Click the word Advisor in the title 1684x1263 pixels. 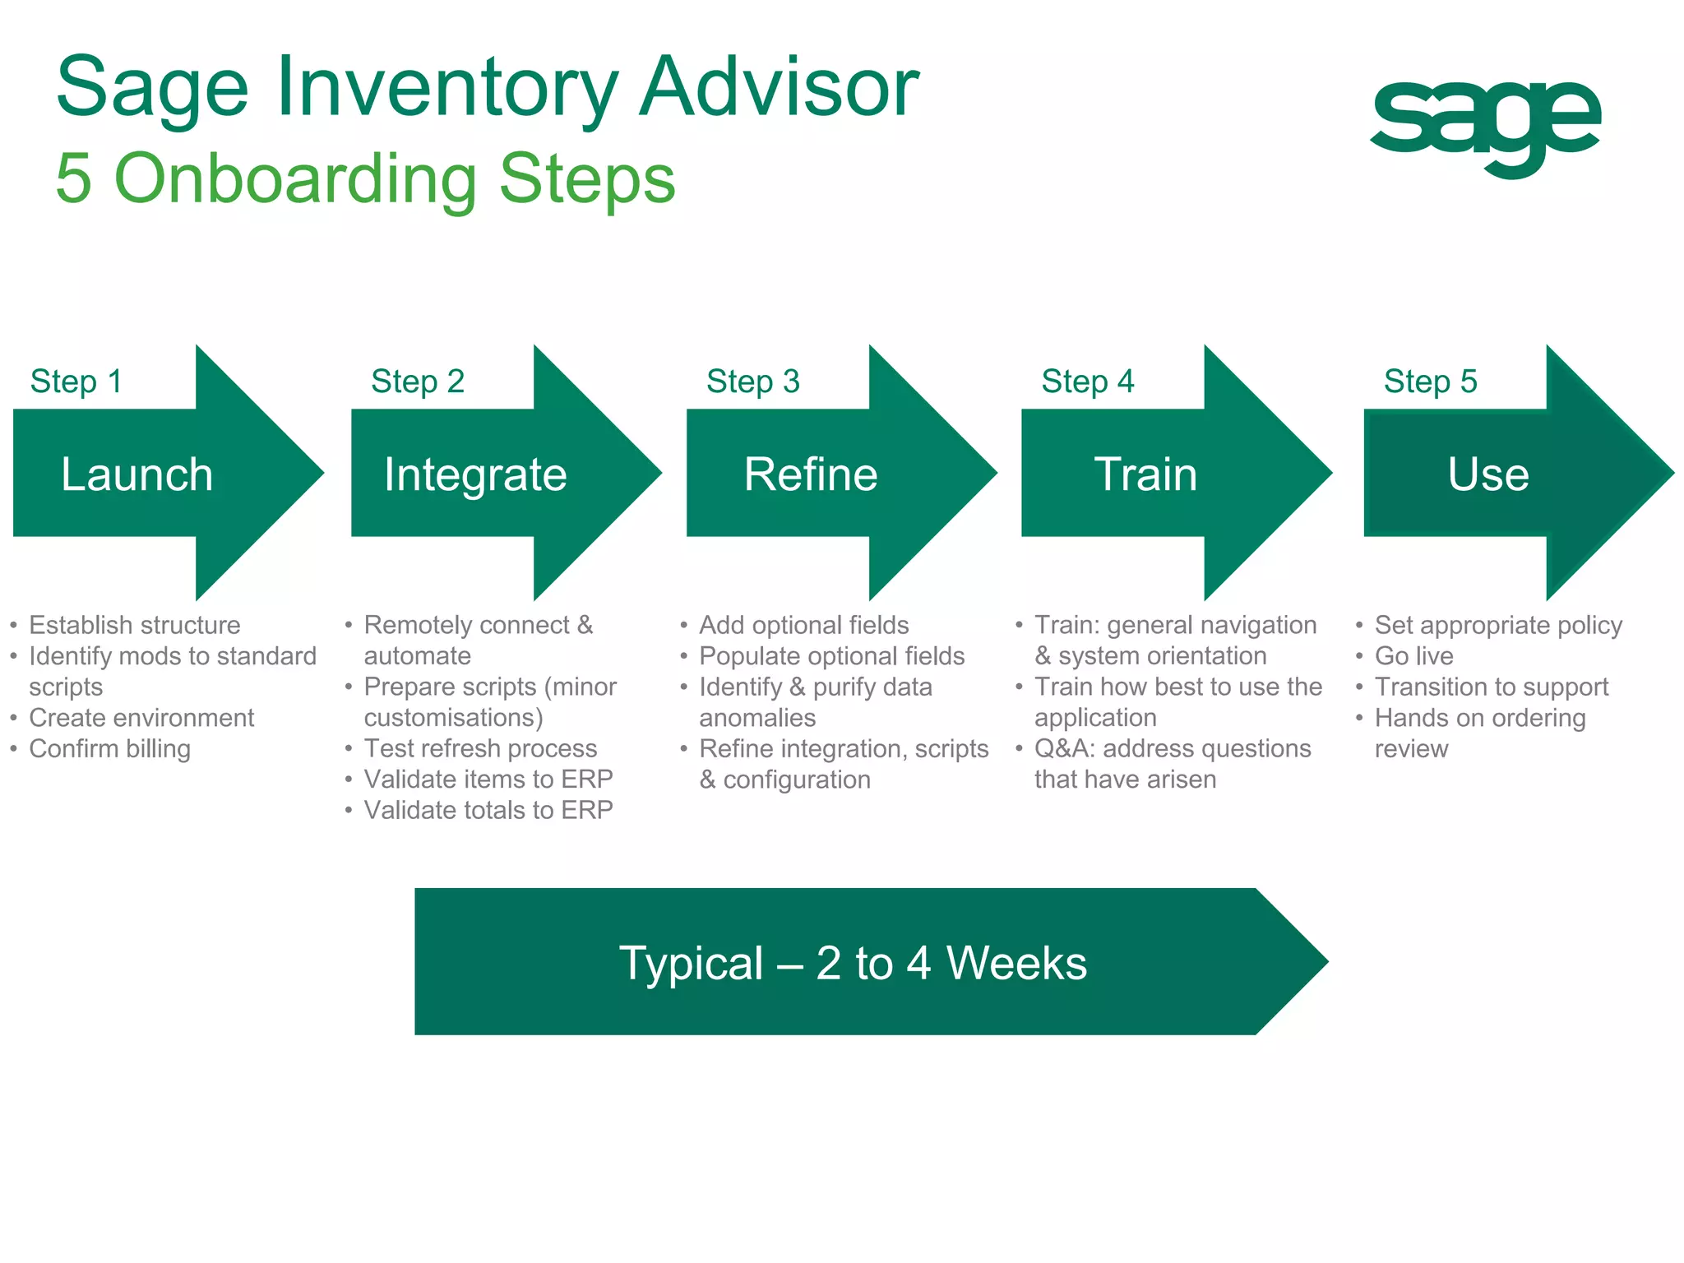[x=779, y=87]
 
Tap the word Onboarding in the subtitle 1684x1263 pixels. [x=296, y=178]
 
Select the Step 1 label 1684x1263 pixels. [x=76, y=382]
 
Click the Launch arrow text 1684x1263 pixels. [x=137, y=474]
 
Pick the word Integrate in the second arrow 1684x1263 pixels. [x=475, y=474]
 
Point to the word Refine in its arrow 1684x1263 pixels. [x=811, y=474]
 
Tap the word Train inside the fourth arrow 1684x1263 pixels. [x=1145, y=474]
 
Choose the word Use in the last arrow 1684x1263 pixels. [x=1487, y=474]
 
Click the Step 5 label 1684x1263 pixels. [x=1430, y=382]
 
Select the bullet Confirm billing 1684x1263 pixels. [x=109, y=749]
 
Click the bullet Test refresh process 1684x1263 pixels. [x=480, y=749]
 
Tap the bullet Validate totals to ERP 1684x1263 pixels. [x=488, y=811]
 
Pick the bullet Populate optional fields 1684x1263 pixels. [x=831, y=656]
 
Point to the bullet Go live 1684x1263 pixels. [x=1413, y=656]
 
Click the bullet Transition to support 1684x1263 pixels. [x=1491, y=687]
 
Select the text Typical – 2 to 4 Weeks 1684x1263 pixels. [x=853, y=963]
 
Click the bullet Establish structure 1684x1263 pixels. [x=134, y=626]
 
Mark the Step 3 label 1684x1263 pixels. [x=752, y=382]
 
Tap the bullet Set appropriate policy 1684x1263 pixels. [x=1498, y=626]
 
